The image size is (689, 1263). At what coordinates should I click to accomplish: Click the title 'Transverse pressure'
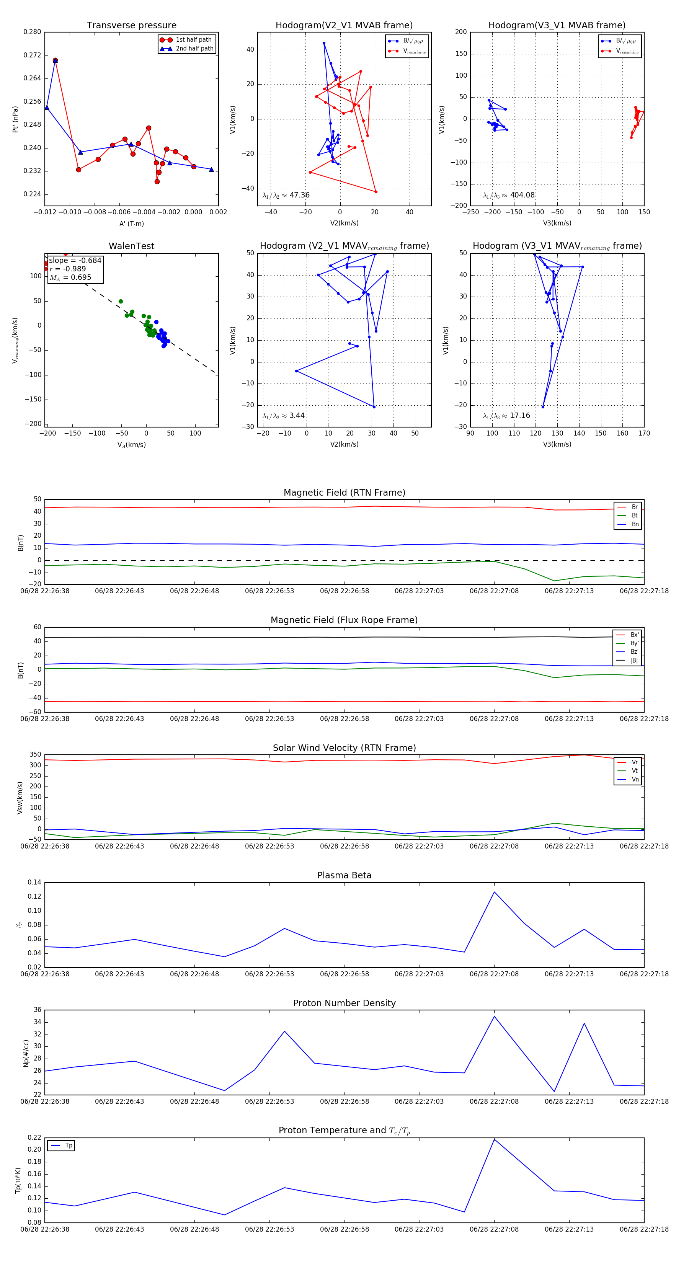pos(131,26)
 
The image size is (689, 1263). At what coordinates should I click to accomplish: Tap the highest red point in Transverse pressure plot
pos(56,60)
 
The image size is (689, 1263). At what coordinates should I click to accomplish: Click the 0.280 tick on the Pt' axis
pos(33,32)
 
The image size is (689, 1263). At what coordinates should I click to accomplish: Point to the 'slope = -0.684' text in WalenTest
pos(75,260)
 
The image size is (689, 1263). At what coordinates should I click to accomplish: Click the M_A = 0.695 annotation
pos(70,277)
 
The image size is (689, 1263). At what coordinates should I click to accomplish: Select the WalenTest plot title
pos(131,246)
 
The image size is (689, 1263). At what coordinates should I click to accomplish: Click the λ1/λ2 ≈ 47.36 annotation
pos(286,195)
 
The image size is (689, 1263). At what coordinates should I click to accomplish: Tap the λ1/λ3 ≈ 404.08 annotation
pos(509,195)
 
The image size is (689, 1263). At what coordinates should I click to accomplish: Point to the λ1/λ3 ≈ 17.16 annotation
pos(506,416)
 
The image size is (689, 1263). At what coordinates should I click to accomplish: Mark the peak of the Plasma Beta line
pos(494,892)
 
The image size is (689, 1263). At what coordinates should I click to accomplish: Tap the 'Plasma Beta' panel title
pos(344,876)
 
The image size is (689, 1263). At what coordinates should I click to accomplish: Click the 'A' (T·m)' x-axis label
pos(131,224)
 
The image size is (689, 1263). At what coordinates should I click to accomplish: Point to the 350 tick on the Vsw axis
pos(35,755)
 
